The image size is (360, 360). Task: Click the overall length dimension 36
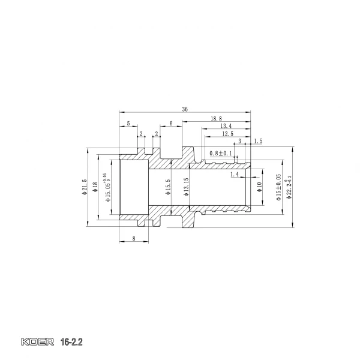pos(185,109)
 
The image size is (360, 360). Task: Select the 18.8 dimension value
pos(216,119)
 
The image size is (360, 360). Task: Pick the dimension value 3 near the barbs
pos(240,141)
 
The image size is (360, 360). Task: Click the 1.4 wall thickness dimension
pos(234,174)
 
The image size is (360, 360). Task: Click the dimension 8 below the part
pos(133,239)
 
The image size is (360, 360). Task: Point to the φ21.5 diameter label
pos(85,187)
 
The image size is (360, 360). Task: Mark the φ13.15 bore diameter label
pos(187,187)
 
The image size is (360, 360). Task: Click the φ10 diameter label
pos(259,187)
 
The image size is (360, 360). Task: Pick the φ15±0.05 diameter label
pos(278,187)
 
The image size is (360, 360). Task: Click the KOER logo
pos(38,344)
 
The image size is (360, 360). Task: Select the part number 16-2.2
pos(71,344)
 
